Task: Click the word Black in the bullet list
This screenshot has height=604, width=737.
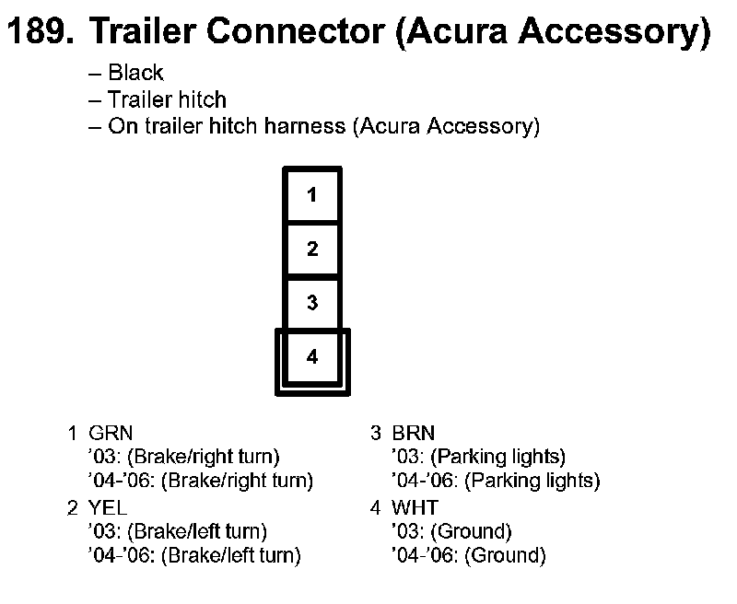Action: tap(135, 73)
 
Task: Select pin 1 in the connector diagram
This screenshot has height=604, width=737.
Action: tap(312, 195)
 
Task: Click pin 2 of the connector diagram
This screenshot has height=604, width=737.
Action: tap(312, 249)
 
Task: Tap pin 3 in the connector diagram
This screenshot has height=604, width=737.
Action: tap(312, 302)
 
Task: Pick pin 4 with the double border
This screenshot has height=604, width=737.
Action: tap(312, 358)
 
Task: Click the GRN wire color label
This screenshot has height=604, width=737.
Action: tap(105, 432)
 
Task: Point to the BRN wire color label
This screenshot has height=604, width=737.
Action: tap(413, 432)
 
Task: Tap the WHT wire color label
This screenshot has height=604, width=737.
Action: tap(415, 508)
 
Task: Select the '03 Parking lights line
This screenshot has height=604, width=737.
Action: tap(479, 456)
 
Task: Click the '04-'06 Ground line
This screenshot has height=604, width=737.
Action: tap(468, 556)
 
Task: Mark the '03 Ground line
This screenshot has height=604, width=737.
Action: tap(451, 532)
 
